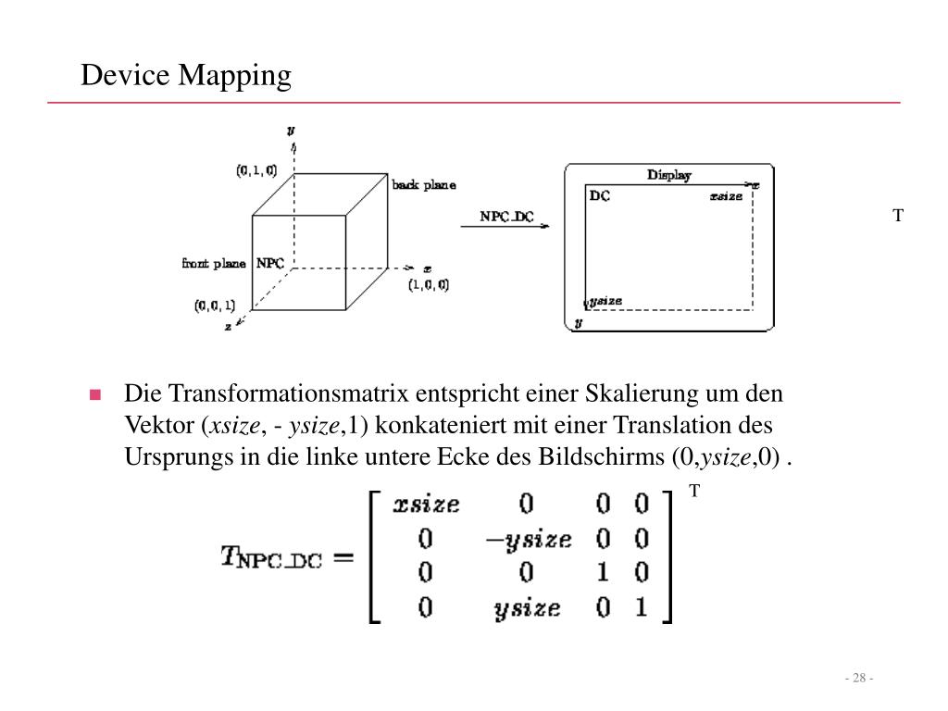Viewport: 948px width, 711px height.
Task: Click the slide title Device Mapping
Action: [186, 75]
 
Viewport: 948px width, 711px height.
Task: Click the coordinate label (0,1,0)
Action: [256, 170]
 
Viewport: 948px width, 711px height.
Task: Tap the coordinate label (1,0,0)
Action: [429, 285]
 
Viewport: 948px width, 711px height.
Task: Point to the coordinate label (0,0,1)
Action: [215, 306]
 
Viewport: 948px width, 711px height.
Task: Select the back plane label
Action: [423, 185]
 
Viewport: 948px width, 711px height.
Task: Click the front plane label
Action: [214, 264]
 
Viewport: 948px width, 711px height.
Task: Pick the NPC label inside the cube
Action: [270, 263]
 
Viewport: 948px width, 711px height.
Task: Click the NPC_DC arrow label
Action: [506, 217]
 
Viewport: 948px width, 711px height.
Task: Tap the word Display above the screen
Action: [668, 175]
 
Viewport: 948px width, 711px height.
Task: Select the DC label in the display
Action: [599, 196]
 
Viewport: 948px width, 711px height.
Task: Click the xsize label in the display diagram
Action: [726, 196]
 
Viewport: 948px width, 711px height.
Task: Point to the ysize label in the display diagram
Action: [606, 301]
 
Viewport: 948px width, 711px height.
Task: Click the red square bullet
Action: [94, 394]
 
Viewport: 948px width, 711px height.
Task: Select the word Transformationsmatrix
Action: [288, 393]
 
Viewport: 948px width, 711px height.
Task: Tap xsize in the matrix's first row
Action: [426, 504]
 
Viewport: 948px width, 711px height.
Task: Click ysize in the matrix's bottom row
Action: [527, 608]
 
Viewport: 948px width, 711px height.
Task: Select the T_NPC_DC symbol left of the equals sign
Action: [270, 557]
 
